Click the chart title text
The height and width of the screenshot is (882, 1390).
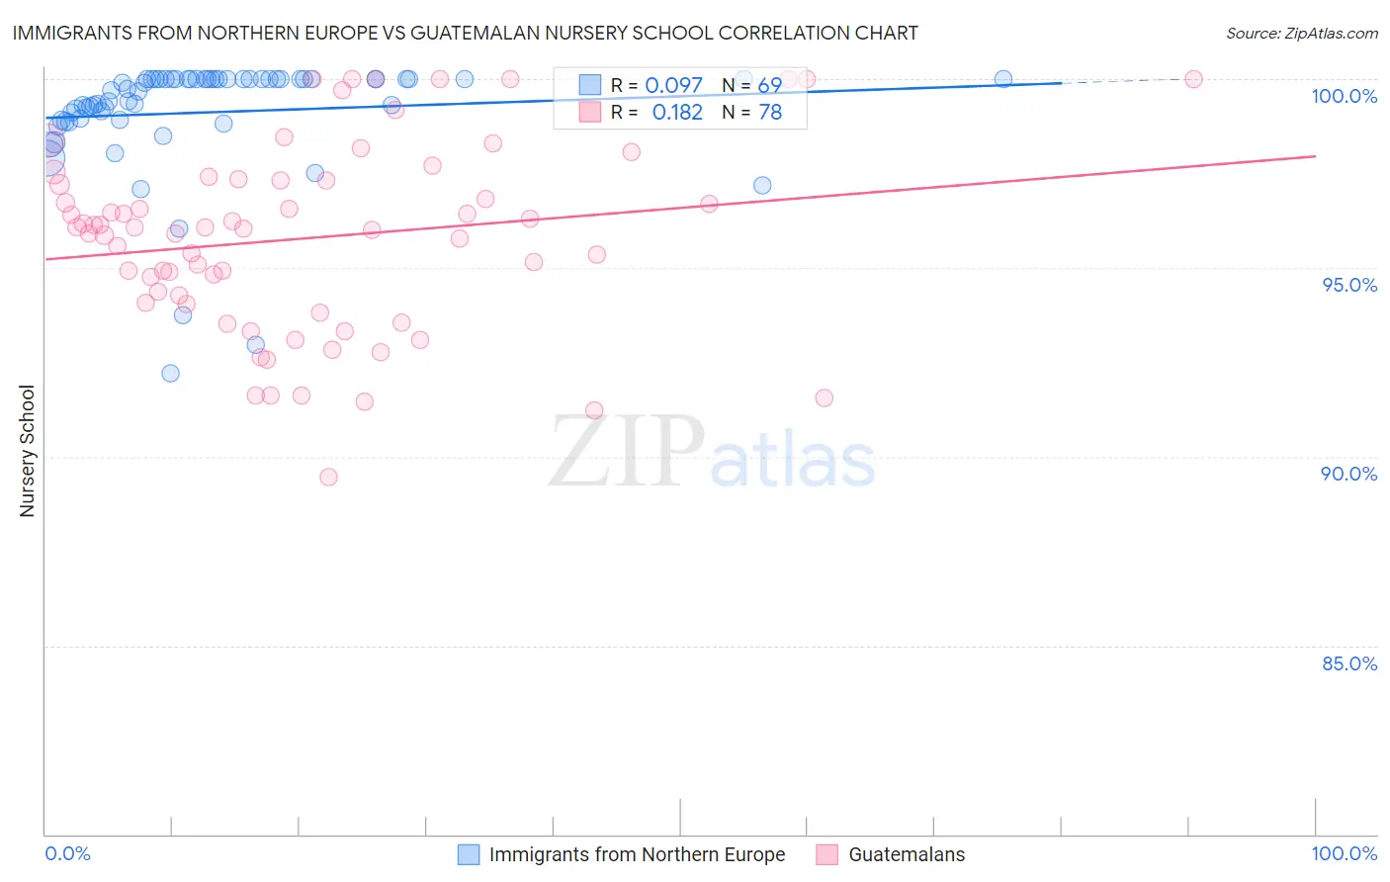(465, 33)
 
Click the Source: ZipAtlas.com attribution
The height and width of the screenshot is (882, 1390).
(1301, 33)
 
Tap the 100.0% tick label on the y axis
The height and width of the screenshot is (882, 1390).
(1344, 96)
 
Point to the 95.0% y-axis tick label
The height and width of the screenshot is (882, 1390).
(1348, 285)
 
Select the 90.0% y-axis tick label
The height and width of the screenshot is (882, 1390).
(1348, 474)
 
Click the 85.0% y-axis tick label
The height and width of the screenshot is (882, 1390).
(1348, 663)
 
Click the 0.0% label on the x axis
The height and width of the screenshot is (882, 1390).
(67, 853)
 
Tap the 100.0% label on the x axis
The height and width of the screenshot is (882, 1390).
(1344, 853)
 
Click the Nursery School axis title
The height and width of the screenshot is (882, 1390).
(27, 451)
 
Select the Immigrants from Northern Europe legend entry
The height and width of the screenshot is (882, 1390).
(622, 854)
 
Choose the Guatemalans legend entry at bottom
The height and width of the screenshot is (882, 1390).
(891, 854)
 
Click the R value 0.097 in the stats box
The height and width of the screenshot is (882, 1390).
(673, 86)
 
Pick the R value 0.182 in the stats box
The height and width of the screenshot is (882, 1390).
(677, 113)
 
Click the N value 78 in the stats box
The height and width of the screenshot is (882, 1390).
(770, 113)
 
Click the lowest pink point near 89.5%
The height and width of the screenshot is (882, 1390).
(329, 478)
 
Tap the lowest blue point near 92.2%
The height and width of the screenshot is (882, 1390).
(171, 374)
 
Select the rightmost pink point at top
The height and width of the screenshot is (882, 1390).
(1193, 79)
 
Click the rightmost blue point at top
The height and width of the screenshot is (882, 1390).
(1003, 79)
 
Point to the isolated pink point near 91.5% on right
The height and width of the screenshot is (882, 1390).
(825, 398)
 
